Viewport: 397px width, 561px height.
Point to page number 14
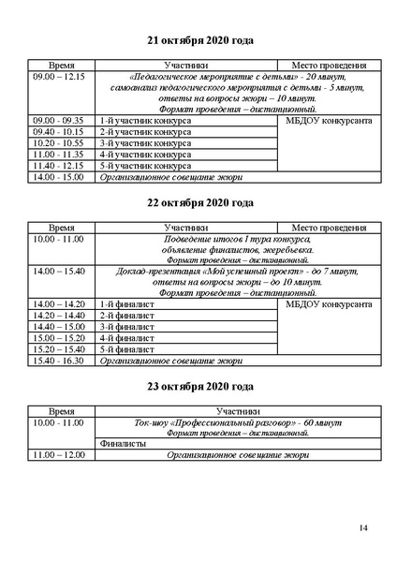(x=363, y=530)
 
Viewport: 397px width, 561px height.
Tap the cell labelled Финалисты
(x=122, y=444)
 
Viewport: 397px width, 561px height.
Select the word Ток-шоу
(x=154, y=422)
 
